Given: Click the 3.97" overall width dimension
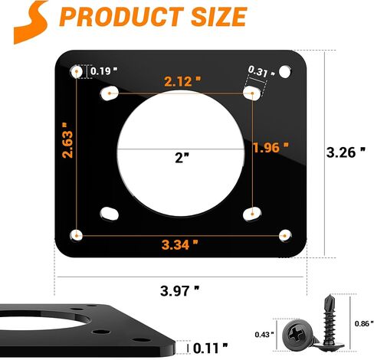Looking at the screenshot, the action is pos(179,291).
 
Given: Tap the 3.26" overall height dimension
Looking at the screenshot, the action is pos(346,152).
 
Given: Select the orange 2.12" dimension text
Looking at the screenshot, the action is pos(182,81).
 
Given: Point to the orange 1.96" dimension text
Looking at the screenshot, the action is pos(271,147).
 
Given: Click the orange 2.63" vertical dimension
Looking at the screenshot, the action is pos(67,140).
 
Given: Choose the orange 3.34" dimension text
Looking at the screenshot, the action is pos(180,245).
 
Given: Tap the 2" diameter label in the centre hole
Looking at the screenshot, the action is pos(182,158).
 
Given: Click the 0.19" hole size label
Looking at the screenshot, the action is pos(103,71).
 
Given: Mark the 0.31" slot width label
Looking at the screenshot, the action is pos(261,71).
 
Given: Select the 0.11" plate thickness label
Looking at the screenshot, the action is pos(210,349).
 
